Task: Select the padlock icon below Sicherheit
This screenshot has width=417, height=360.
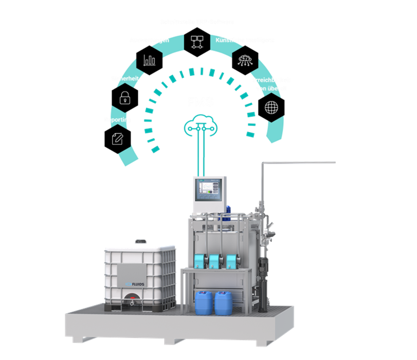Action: pyautogui.click(x=125, y=98)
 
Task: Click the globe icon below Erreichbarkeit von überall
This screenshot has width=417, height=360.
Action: pyautogui.click(x=271, y=107)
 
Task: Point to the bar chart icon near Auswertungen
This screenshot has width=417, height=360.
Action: pyautogui.click(x=149, y=60)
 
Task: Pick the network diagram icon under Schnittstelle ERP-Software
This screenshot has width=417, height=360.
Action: pyautogui.click(x=196, y=41)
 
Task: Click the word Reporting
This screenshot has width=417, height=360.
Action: pyautogui.click(x=118, y=120)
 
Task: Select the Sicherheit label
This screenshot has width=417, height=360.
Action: pyautogui.click(x=125, y=79)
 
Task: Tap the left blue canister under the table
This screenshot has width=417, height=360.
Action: pyautogui.click(x=203, y=303)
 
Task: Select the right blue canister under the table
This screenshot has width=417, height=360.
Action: pyautogui.click(x=224, y=303)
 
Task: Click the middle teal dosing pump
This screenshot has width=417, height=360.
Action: pyautogui.click(x=215, y=260)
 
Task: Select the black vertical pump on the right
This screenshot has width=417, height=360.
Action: pyautogui.click(x=265, y=283)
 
